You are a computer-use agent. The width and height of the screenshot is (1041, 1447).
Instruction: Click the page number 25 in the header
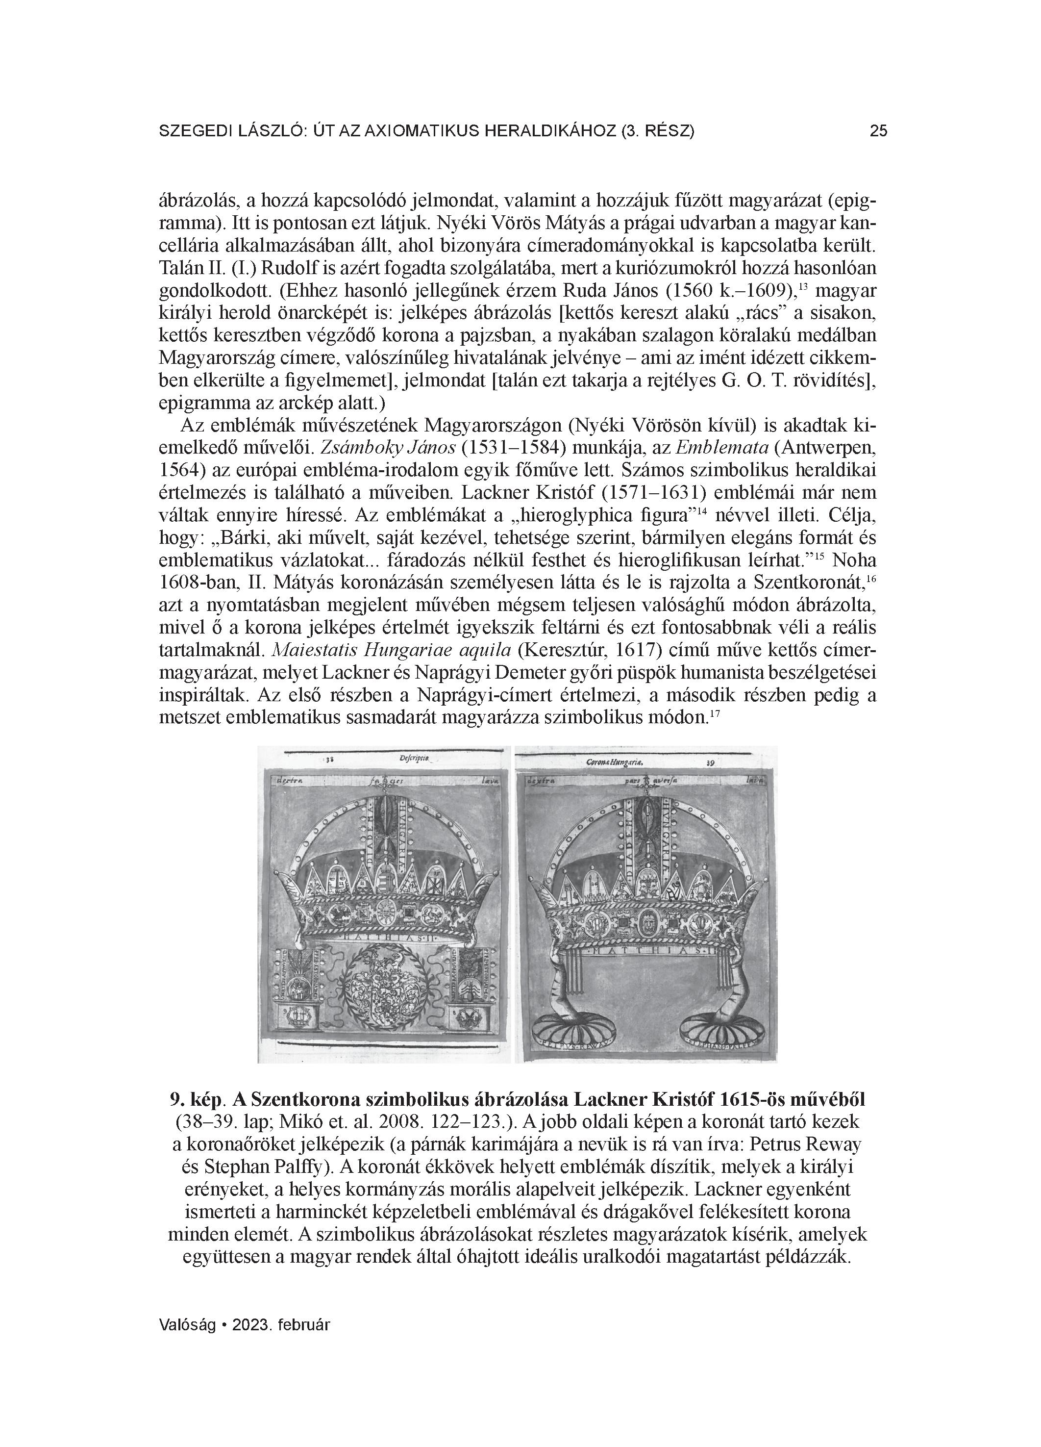[x=878, y=131]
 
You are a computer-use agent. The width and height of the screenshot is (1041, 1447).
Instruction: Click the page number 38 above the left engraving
[x=330, y=760]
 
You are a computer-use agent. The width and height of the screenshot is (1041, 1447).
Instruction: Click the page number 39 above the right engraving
[x=710, y=762]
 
